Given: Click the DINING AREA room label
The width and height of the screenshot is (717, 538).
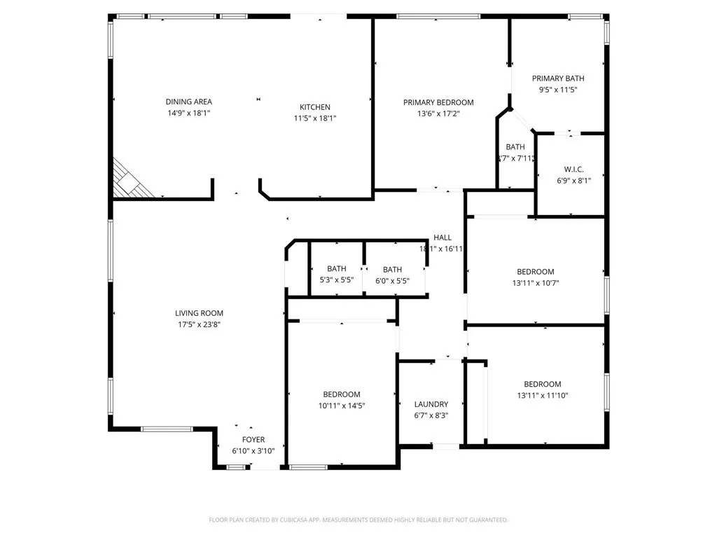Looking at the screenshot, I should point(188,102).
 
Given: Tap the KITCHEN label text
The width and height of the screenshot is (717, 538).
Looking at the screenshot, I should point(315,107).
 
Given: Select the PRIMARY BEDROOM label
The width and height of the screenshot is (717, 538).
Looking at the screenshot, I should point(438,102).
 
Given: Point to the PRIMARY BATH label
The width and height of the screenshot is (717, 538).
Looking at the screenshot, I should point(558,78).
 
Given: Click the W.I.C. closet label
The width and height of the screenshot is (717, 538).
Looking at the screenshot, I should point(573,170).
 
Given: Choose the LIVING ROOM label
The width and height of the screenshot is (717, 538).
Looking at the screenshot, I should point(199,313).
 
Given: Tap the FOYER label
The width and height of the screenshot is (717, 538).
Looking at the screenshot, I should point(253,440).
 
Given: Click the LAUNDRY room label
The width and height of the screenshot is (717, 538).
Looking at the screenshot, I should point(431,404).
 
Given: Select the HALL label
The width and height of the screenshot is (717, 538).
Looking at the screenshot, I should point(443,237).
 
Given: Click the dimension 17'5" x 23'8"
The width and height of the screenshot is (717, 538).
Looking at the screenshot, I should point(199,324).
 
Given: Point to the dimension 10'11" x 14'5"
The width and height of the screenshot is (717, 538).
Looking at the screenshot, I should point(342,406).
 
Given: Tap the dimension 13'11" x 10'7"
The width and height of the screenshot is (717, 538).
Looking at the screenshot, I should point(536,283).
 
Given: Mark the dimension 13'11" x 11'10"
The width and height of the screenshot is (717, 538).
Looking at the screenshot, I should point(543,395).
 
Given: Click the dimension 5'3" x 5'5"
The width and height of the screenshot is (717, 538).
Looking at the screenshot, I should point(336,280).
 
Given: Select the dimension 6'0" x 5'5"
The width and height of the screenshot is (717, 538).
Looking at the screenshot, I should point(392,280).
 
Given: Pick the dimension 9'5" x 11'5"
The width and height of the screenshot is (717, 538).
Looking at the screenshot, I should point(558,90).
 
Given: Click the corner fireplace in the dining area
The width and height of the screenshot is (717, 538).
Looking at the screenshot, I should point(129,181).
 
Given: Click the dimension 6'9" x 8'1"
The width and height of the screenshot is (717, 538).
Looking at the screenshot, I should point(573,181).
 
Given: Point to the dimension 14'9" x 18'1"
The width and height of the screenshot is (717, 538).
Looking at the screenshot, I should point(188,113).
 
